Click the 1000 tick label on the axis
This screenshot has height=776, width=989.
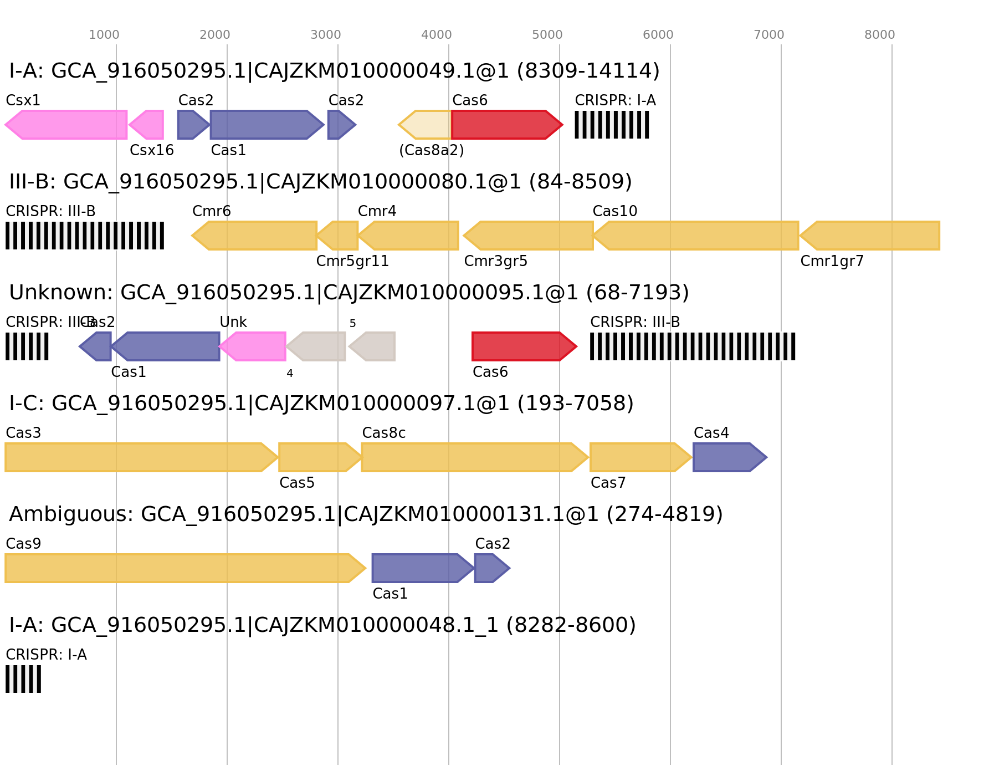[x=104, y=35]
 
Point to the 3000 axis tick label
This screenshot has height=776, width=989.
[x=326, y=35]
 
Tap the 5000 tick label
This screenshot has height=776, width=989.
[x=547, y=35]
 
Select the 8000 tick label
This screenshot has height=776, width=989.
[x=880, y=35]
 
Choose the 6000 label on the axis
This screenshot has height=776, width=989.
[x=658, y=35]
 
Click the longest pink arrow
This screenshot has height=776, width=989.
[x=66, y=125]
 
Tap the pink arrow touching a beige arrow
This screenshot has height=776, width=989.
[x=253, y=346]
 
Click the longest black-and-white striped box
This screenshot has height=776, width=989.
[x=693, y=346]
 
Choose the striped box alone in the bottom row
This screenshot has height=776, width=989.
[x=23, y=679]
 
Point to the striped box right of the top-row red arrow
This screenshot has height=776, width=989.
[x=612, y=125]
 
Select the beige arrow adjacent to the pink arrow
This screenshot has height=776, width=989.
[x=317, y=346]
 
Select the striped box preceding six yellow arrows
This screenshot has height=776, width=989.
[x=85, y=236]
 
